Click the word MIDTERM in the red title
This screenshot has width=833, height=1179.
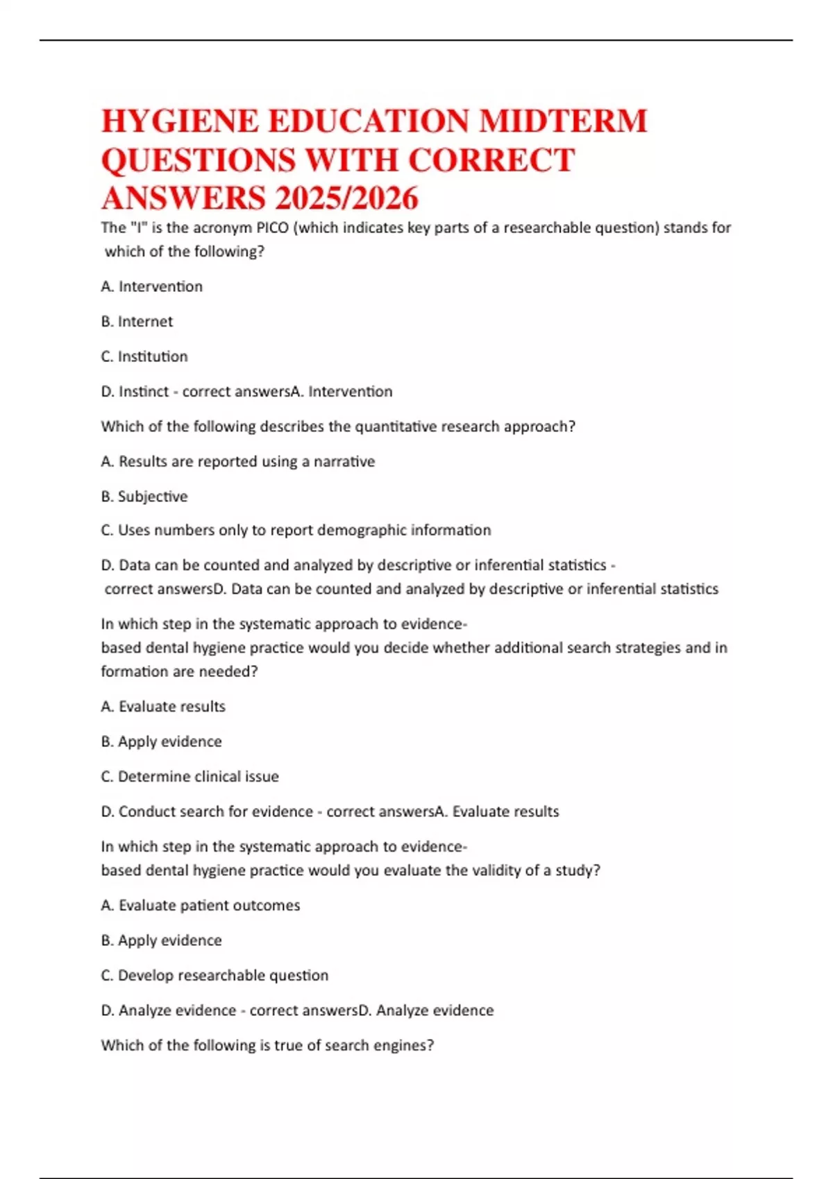pos(563,121)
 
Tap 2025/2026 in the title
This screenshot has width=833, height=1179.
pos(346,198)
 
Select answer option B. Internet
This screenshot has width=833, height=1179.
pos(137,322)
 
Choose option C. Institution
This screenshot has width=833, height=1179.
pos(144,356)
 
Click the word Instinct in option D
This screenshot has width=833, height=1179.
pos(144,392)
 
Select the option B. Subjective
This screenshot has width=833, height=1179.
pos(144,497)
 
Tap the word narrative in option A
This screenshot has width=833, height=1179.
pos(344,462)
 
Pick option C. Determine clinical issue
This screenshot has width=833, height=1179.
pos(190,777)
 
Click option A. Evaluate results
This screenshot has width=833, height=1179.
pos(163,707)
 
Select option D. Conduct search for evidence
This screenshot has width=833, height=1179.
pos(207,811)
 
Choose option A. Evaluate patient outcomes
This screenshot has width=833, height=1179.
pos(200,906)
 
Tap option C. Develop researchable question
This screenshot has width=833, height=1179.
pos(214,976)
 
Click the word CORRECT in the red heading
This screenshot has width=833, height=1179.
pos(491,160)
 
